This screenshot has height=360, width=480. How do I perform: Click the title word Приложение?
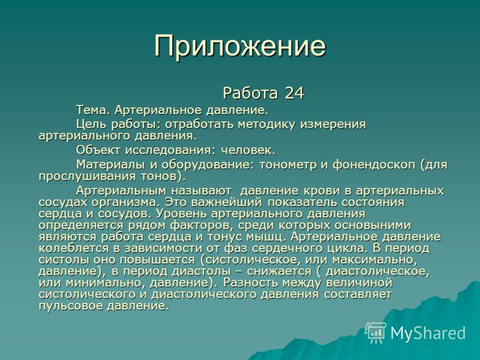click(240, 46)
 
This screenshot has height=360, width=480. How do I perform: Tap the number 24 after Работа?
click(294, 93)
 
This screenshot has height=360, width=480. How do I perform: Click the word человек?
click(248, 151)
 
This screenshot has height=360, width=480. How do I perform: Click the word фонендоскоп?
click(374, 165)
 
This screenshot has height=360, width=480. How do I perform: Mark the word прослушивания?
click(87, 177)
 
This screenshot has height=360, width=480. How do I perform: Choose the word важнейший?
click(227, 202)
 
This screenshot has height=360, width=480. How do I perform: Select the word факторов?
click(202, 226)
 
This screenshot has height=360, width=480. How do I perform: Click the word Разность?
click(250, 282)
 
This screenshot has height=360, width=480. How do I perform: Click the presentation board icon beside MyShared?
click(376, 333)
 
